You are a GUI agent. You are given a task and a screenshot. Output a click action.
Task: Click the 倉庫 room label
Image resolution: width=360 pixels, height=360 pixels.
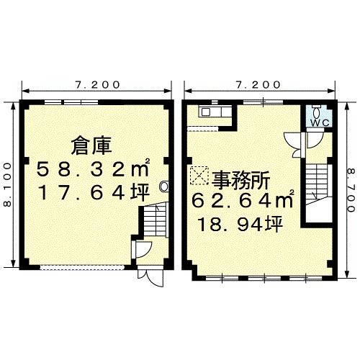(x=91, y=145)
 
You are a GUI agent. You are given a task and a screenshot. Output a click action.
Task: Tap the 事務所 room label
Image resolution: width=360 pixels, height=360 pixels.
(x=240, y=181)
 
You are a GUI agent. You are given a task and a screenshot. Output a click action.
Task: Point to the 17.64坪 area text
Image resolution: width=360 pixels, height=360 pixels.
(x=94, y=192)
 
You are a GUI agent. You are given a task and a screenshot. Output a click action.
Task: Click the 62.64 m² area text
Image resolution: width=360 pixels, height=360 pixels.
(x=243, y=200)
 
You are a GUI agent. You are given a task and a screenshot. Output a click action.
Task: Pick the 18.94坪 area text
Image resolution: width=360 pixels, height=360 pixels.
(x=240, y=225)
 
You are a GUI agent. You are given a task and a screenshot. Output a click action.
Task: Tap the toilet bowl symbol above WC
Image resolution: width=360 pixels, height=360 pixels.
(x=317, y=112)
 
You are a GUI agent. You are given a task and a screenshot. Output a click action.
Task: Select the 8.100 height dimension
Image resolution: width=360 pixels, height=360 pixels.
(x=8, y=184)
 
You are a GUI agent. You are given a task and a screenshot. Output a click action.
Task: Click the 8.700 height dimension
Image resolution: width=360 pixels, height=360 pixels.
(x=351, y=190)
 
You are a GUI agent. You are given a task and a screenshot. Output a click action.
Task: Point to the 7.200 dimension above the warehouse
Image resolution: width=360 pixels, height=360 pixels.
(x=97, y=85)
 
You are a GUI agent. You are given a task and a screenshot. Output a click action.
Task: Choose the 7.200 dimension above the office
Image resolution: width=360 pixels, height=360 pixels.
(x=258, y=85)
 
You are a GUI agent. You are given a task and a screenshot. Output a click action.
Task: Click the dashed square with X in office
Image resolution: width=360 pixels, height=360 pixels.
(x=199, y=176)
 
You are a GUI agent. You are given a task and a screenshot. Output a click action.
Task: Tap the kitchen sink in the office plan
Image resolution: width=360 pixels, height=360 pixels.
(x=206, y=112)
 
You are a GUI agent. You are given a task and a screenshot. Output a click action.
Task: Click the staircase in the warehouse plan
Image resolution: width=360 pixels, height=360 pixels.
(x=156, y=220)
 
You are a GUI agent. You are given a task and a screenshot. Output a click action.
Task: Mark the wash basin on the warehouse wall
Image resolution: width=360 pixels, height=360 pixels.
(x=164, y=186)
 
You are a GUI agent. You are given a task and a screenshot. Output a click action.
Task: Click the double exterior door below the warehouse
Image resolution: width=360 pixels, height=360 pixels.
(x=150, y=276)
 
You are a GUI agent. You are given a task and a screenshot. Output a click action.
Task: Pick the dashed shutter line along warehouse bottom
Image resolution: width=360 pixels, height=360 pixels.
(x=82, y=268)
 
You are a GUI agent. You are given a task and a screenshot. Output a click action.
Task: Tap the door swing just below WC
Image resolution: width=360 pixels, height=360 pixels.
(x=315, y=140)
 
